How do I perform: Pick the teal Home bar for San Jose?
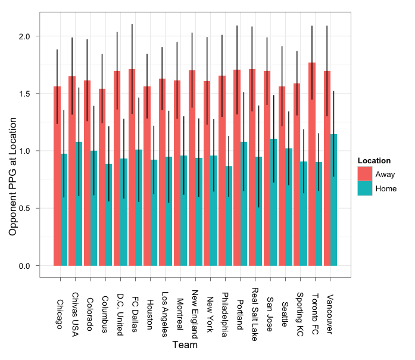[273, 202]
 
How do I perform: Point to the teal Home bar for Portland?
[244, 203]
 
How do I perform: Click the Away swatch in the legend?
[364, 174]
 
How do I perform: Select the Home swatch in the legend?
[364, 188]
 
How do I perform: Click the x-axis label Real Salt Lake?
[254, 311]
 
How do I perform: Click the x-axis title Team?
[184, 345]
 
